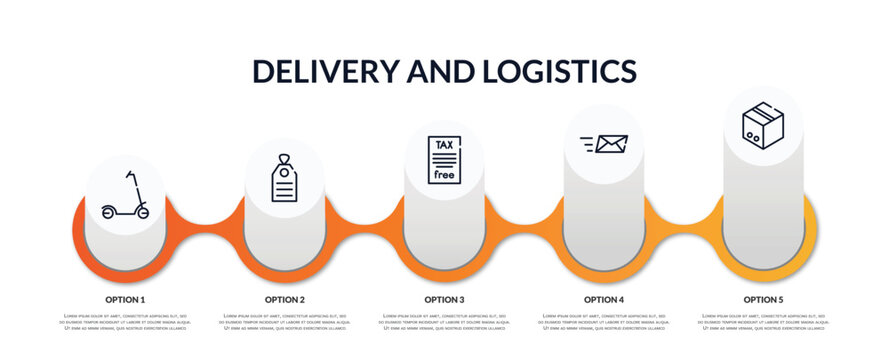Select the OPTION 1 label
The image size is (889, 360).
(x=125, y=299)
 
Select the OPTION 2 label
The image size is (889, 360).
(x=285, y=299)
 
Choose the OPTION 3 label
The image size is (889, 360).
(x=444, y=299)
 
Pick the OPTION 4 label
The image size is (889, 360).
(x=604, y=299)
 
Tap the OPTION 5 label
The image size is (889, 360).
(x=763, y=299)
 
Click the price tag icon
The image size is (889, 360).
(x=285, y=179)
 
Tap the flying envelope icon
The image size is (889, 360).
(x=604, y=144)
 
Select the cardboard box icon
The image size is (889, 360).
(x=763, y=126)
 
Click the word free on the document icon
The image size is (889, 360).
(x=444, y=175)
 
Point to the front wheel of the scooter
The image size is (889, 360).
(x=143, y=212)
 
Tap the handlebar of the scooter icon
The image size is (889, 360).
(x=128, y=173)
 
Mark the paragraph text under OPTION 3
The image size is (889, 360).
(x=444, y=322)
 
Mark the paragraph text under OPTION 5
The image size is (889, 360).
(x=763, y=322)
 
